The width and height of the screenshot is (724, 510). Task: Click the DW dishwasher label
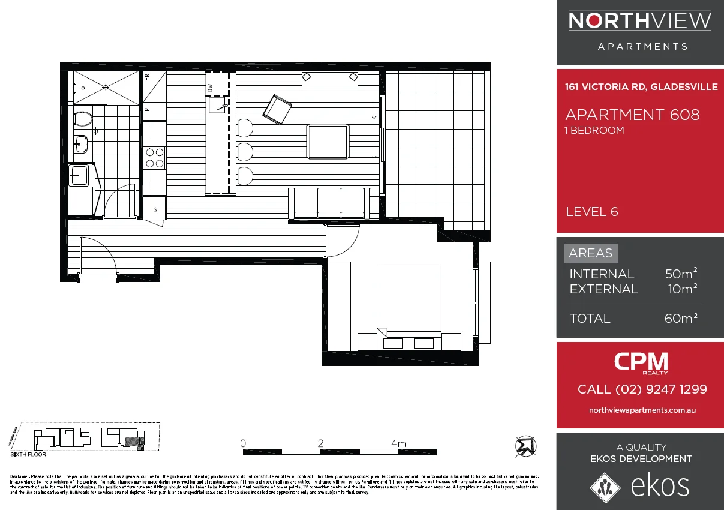click(211, 88)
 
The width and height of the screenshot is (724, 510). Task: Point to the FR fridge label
click(147, 77)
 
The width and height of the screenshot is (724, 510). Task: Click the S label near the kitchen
click(156, 210)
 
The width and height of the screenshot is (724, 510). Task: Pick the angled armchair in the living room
click(277, 110)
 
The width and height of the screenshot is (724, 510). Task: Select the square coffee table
click(327, 142)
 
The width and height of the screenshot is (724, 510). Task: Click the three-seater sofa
click(329, 203)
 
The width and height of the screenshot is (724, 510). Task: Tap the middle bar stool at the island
click(245, 151)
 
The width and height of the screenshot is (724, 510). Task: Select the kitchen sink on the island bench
click(217, 105)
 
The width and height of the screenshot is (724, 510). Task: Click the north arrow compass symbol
click(526, 446)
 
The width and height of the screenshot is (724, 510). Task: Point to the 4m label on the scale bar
click(398, 444)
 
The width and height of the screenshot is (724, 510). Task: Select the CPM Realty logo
click(641, 362)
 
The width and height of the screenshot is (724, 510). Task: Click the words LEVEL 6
click(591, 212)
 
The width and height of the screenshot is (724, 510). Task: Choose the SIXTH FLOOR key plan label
click(28, 455)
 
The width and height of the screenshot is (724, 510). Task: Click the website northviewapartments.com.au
click(642, 410)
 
